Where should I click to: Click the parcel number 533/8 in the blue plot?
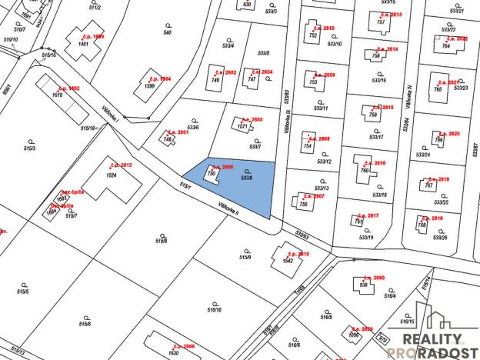coord(246,178)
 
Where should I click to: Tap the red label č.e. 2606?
coord(222,166)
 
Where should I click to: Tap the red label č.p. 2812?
coord(121,165)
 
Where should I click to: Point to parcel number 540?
coord(168,33)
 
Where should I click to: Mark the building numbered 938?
coord(364,285)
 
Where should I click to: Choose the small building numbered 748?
coord(168,138)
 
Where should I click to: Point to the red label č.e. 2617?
coord(368,215)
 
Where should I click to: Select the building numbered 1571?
coord(242,125)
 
